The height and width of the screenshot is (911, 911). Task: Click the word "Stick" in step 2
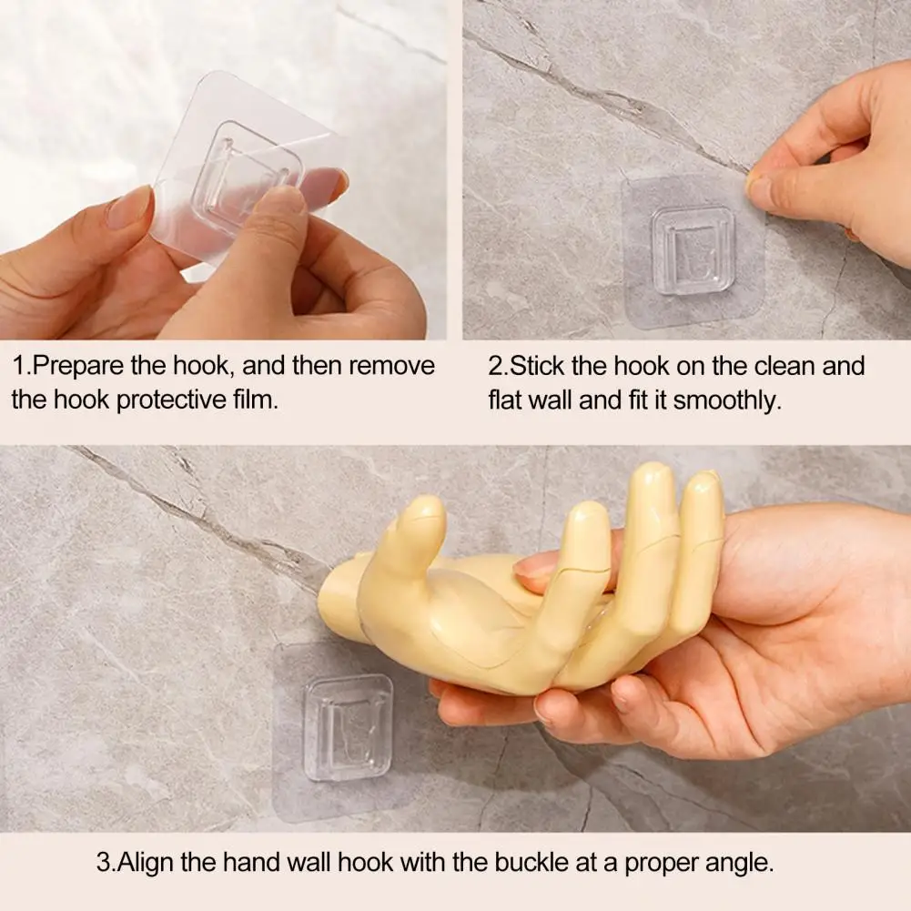point(537,366)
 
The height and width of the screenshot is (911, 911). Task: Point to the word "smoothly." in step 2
point(727,400)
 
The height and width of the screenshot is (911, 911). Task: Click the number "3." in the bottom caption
point(106,863)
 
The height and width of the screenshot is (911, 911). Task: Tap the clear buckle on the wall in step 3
point(349,727)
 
